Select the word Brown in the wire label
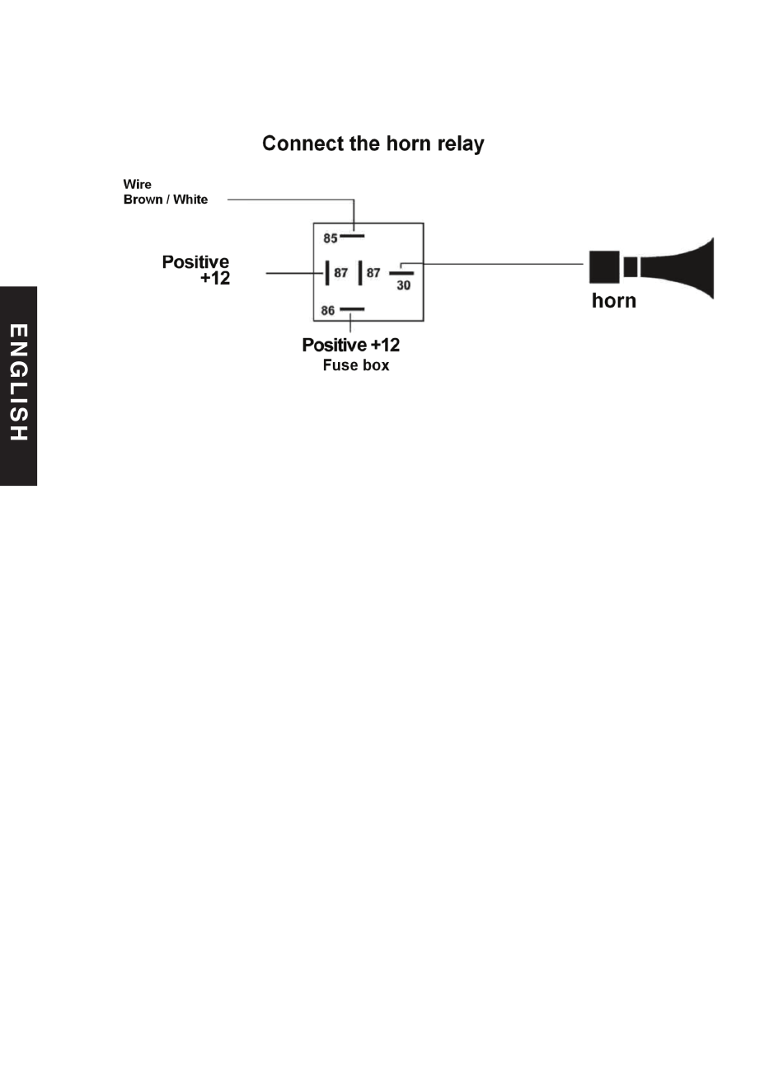[143, 200]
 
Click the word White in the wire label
[190, 200]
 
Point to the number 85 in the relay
[331, 238]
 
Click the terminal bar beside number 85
[352, 236]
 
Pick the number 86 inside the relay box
[328, 311]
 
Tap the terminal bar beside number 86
[352, 309]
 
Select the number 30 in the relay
[404, 285]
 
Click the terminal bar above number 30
[401, 274]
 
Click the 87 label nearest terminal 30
[373, 273]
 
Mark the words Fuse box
[356, 365]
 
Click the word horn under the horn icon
[613, 300]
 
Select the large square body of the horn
[604, 267]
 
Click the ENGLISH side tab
[18, 386]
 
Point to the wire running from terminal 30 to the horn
[492, 264]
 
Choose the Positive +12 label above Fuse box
[351, 345]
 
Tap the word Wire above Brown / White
[137, 185]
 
